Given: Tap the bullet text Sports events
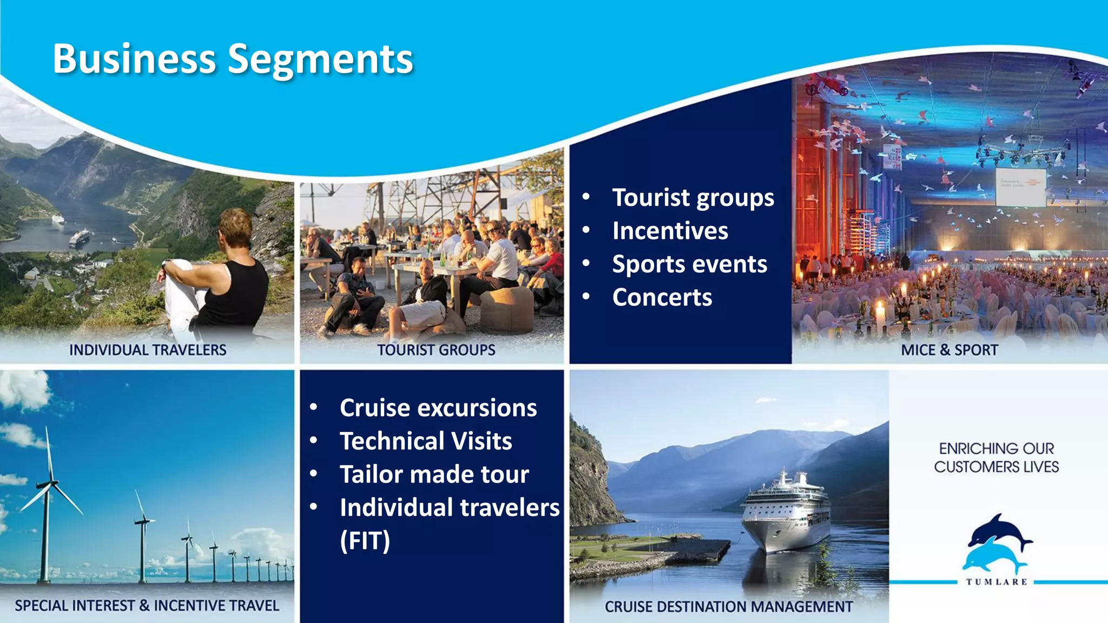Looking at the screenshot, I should pyautogui.click(x=689, y=264).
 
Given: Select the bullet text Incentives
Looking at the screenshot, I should pyautogui.click(x=670, y=231).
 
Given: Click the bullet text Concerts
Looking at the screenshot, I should pyautogui.click(x=662, y=297).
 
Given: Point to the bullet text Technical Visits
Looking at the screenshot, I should pyautogui.click(x=426, y=441).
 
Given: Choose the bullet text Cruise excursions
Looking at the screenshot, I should pyautogui.click(x=438, y=408).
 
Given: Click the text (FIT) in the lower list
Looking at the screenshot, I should pyautogui.click(x=365, y=541).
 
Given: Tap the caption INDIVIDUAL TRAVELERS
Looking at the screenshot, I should pyautogui.click(x=148, y=350).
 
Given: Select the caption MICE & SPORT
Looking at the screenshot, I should pyautogui.click(x=949, y=350).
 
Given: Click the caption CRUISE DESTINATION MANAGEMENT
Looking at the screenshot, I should pyautogui.click(x=728, y=607).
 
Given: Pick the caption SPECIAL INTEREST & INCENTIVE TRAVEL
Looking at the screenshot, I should pyautogui.click(x=147, y=606).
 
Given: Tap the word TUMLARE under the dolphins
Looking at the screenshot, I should pyautogui.click(x=997, y=582).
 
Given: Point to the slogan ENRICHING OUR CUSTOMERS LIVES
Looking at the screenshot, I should pyautogui.click(x=996, y=458).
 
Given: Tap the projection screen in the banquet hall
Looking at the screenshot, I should pyautogui.click(x=1020, y=187).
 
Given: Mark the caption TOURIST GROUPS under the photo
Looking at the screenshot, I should pyautogui.click(x=436, y=350).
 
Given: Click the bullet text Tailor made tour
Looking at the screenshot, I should pyautogui.click(x=434, y=474).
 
